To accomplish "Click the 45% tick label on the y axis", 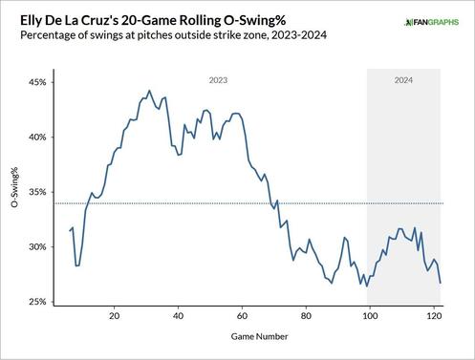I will (35, 82).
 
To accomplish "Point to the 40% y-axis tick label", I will (35, 138).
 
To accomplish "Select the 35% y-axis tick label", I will (35, 192).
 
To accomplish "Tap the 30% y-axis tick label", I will (35, 247).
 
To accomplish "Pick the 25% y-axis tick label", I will (35, 302).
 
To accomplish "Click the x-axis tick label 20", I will (115, 314).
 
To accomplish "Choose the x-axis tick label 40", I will (178, 314).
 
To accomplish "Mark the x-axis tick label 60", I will (242, 314).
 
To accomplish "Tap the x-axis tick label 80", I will (306, 314).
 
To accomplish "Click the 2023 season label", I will (217, 81).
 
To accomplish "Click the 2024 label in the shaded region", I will (404, 81).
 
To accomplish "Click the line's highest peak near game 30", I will (146, 93).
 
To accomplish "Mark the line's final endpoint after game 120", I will (441, 283).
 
